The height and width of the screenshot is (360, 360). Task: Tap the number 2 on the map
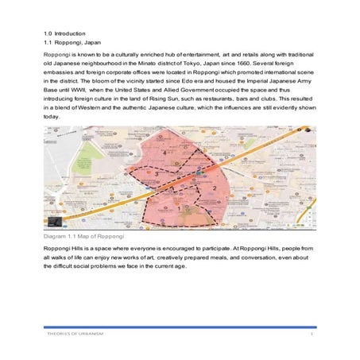(x=215, y=187)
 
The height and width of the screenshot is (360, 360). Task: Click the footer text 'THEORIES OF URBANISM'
(x=75, y=333)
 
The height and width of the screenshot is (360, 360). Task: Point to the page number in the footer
(x=312, y=333)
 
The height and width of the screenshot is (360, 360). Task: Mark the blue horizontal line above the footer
(x=180, y=327)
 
